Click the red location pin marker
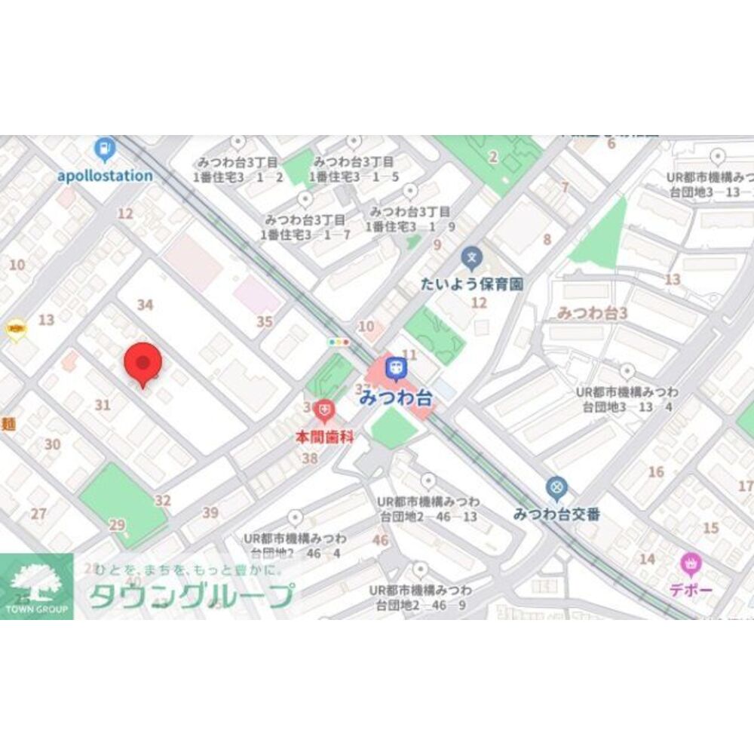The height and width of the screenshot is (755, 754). point(143,364)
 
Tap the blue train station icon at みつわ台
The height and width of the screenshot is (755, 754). point(396,369)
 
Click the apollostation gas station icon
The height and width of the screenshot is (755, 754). point(105,149)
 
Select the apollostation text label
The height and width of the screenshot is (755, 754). point(105,176)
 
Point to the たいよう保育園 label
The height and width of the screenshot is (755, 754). point(472,284)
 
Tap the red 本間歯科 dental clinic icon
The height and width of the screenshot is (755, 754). point(325,411)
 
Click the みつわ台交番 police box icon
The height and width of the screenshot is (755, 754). point(556,489)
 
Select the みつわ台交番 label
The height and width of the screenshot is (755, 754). point(556,514)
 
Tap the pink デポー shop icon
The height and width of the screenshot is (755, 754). point(690,563)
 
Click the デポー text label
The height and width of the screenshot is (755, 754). point(690,590)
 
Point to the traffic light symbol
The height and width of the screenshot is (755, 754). point(339,342)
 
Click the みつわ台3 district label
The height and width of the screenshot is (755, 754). point(592,312)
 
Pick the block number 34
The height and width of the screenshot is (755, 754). point(146,305)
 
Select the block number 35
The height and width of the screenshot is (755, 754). point(264,322)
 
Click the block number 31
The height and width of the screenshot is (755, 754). point(103,405)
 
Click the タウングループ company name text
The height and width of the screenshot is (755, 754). point(190,597)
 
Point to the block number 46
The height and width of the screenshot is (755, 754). point(380,540)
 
